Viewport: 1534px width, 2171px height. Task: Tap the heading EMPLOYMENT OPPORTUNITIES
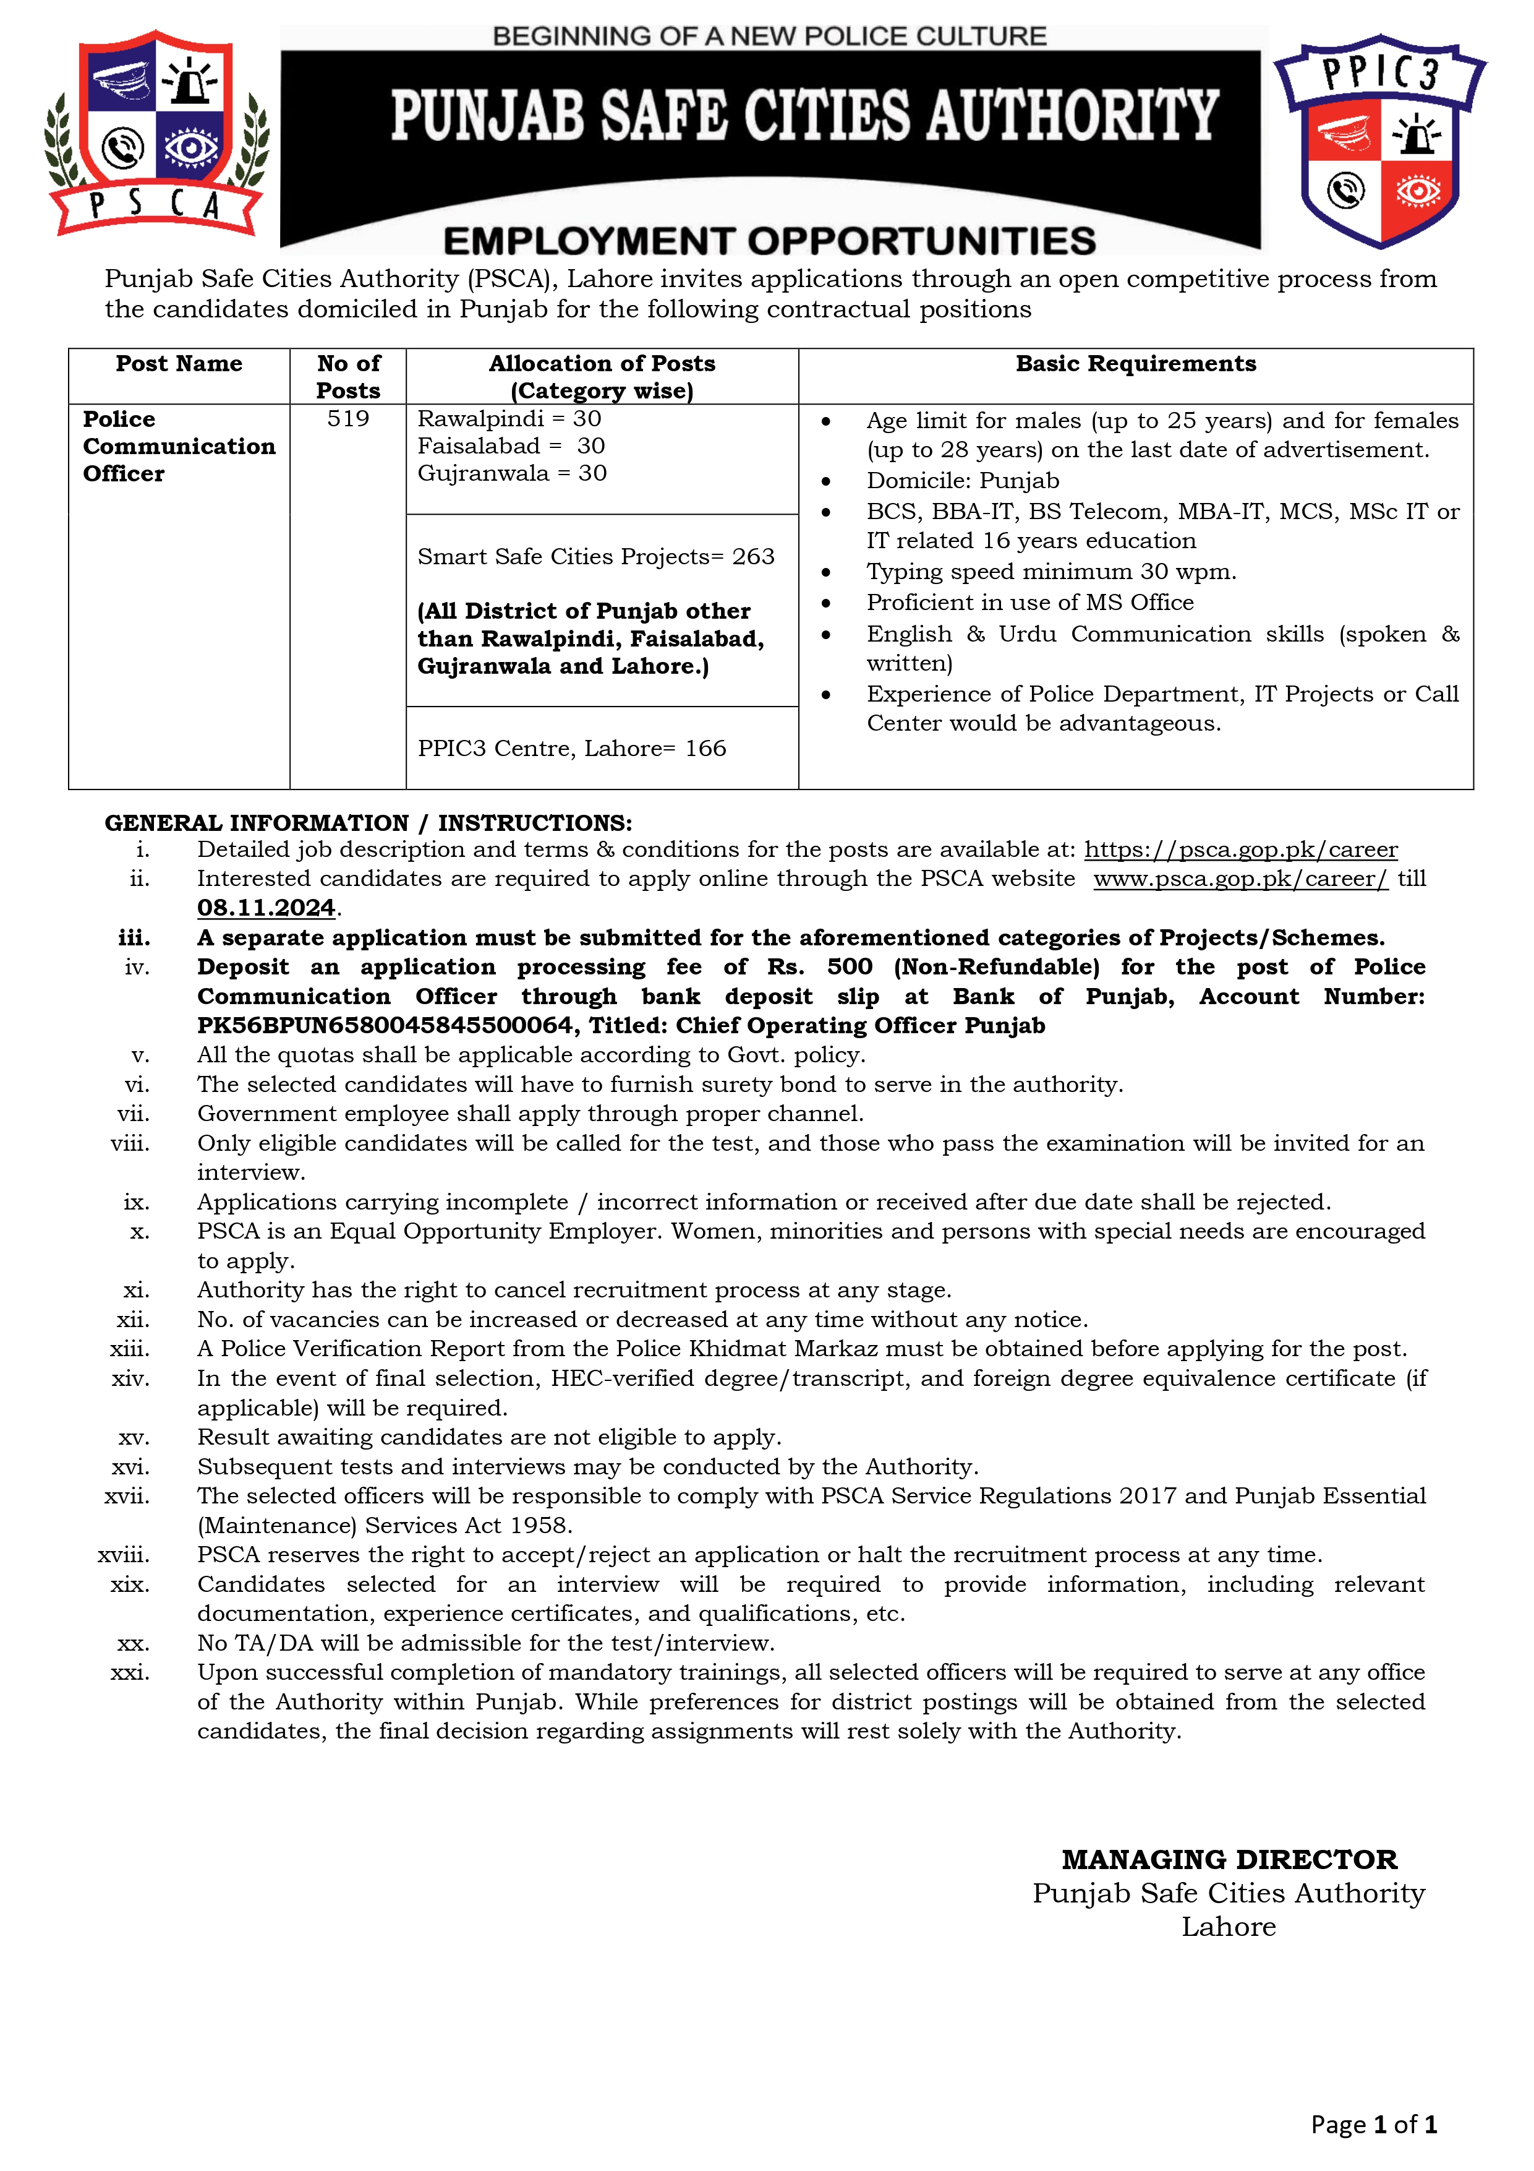[769, 241]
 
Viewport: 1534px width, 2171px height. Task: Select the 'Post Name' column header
[179, 364]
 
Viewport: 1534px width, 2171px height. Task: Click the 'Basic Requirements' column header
[1135, 364]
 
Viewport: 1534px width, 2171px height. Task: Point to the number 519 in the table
[348, 419]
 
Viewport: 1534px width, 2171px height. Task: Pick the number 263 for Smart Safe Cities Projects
[753, 556]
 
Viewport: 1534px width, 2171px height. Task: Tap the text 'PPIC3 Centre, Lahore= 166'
[572, 748]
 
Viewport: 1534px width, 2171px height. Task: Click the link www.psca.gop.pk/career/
[1240, 879]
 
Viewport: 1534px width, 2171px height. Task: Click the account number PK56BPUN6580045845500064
[384, 1026]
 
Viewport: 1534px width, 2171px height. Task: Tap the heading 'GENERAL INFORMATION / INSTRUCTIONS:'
[369, 823]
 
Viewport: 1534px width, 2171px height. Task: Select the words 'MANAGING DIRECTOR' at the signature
[1229, 1860]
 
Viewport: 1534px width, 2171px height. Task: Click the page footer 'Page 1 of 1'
[1373, 2125]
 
